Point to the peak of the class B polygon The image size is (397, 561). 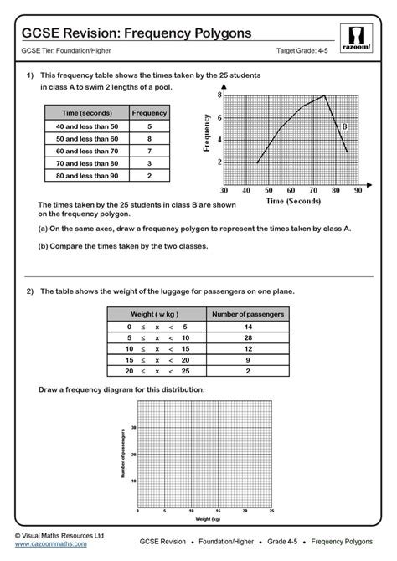324,95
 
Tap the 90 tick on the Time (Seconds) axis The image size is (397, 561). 358,191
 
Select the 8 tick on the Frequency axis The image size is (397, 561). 219,95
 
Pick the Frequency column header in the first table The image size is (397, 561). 149,112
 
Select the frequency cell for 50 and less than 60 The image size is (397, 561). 149,139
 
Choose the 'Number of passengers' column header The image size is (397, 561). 246,313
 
